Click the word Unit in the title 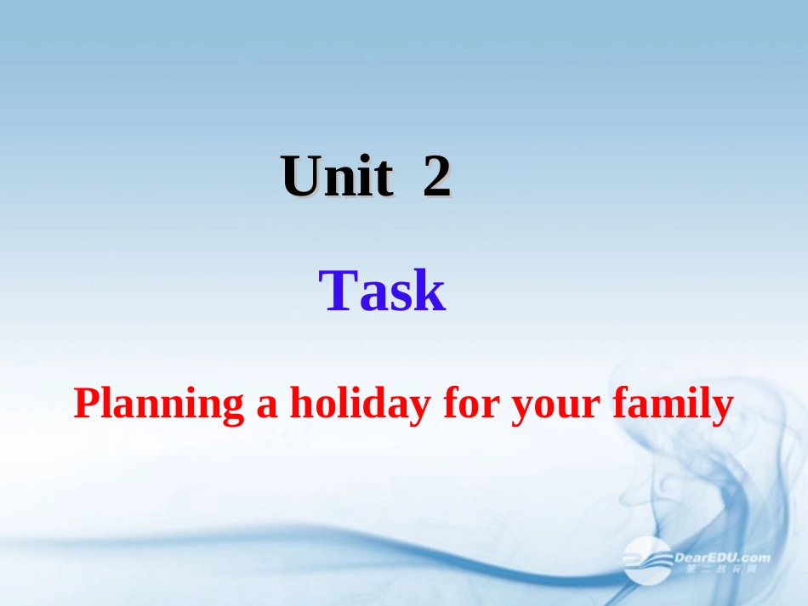pos(338,178)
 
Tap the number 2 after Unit pos(436,178)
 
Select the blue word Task pos(383,292)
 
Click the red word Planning pos(159,405)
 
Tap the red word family pos(672,405)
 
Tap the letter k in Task pos(430,292)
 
